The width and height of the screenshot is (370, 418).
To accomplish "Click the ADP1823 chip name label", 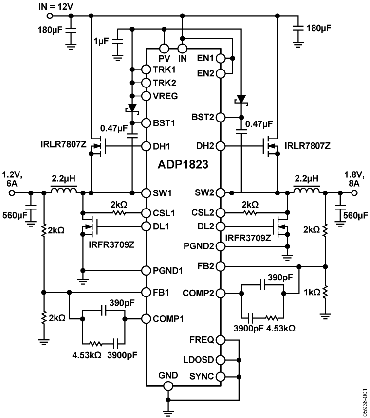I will (184, 164).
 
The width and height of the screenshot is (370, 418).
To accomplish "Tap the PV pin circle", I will (164, 49).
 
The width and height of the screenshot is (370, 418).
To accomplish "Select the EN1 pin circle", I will (221, 58).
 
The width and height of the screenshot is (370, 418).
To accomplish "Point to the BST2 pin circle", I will (221, 117).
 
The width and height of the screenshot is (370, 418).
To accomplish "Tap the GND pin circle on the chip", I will (168, 386).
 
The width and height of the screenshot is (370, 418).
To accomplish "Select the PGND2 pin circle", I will (221, 246).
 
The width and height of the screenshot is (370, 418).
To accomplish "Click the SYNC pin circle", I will (221, 377).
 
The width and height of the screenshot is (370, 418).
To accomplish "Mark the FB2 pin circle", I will (221, 266).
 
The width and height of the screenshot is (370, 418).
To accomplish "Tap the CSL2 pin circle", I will (221, 213).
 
